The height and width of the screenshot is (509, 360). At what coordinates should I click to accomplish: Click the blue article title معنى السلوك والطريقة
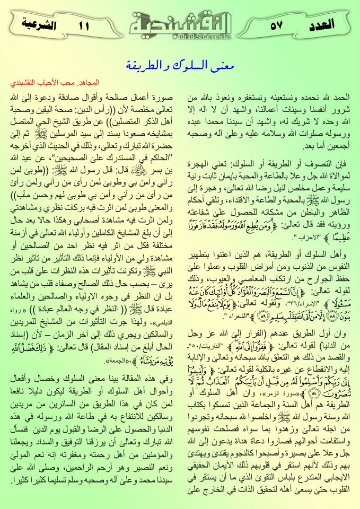[180, 66]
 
